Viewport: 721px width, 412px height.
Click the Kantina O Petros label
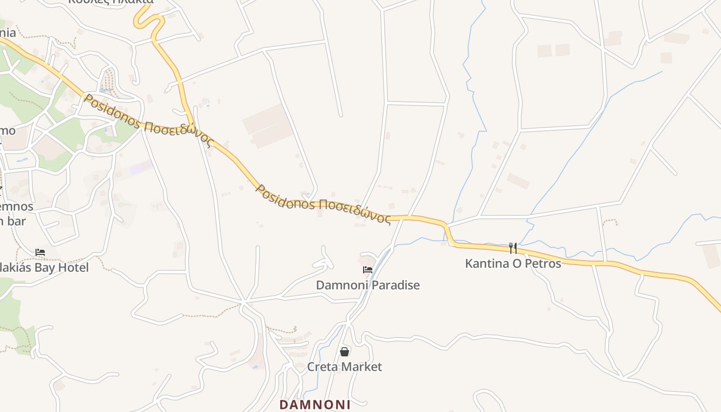pos(513,263)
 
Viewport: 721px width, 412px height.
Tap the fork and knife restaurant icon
pos(513,248)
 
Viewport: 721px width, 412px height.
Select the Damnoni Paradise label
pos(368,285)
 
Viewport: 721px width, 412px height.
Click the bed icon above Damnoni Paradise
pos(368,269)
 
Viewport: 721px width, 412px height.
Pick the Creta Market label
pos(345,367)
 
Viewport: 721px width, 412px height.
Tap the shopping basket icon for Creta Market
pos(345,352)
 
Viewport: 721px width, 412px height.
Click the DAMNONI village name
pos(315,405)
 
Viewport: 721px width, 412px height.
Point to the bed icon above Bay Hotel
pos(40,252)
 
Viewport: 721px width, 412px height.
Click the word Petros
pos(542,263)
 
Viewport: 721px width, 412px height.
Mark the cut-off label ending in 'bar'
pos(13,221)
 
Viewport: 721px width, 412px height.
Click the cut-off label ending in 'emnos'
pos(16,207)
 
